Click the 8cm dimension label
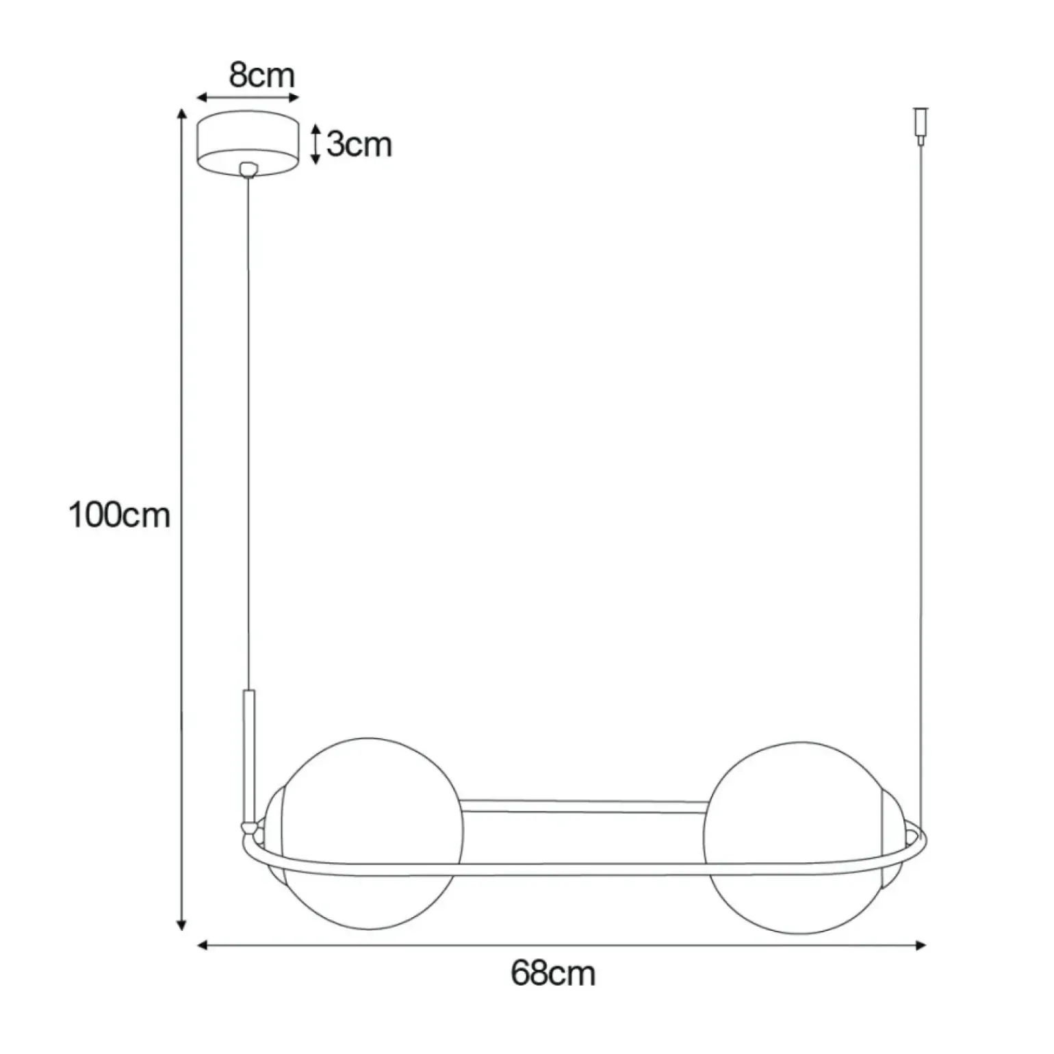click(261, 76)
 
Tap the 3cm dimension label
click(359, 144)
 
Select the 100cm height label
click(119, 515)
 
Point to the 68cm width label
click(552, 973)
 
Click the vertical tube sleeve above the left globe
click(248, 753)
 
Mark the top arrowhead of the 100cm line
click(181, 114)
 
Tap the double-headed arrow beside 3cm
click(315, 144)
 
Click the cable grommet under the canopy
click(247, 168)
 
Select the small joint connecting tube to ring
click(250, 827)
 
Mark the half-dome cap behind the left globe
click(274, 835)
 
